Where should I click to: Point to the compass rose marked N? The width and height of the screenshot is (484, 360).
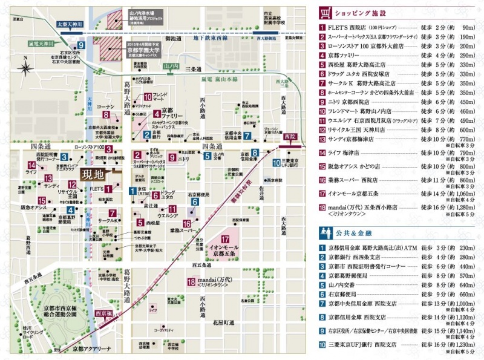tap(27, 67)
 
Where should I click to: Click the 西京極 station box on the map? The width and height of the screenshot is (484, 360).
tap(103, 313)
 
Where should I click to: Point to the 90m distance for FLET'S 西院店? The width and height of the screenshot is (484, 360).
tap(466, 28)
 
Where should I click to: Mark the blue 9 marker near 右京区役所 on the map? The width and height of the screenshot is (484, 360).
tap(81, 45)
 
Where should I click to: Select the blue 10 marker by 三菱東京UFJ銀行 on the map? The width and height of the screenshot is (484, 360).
tap(276, 162)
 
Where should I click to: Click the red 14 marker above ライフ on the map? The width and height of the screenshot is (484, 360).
tap(31, 165)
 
